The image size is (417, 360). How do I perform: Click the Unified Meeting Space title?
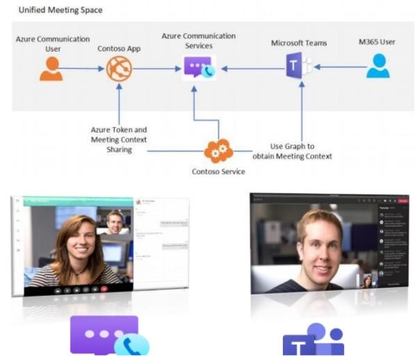(60, 10)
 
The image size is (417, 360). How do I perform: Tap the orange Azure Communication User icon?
(51, 69)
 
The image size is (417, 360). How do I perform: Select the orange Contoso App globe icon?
(118, 69)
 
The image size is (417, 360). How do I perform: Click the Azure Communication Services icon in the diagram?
(198, 68)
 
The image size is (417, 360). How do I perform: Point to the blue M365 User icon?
(378, 67)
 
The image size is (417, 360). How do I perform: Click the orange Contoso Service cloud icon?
(218, 151)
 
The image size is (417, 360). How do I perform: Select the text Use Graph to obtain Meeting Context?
(301, 152)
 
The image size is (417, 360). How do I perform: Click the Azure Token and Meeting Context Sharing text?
(119, 139)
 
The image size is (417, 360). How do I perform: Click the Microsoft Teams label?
(298, 43)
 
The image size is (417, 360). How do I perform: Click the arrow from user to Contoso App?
(84, 68)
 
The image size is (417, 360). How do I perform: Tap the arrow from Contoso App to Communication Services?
(156, 68)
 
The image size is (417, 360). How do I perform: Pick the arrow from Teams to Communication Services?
(250, 68)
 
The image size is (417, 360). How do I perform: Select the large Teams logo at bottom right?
(313, 339)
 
